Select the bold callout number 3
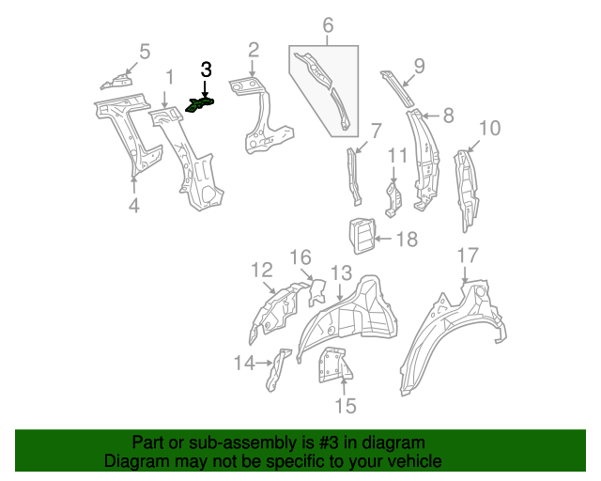click(x=207, y=70)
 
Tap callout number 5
click(x=145, y=52)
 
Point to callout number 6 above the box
click(x=328, y=27)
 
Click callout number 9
click(x=419, y=65)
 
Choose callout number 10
click(x=489, y=129)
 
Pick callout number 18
click(x=406, y=240)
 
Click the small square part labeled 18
click(x=362, y=235)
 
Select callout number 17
click(x=468, y=255)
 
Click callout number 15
click(x=346, y=406)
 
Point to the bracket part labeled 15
click(x=333, y=364)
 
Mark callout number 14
click(x=244, y=362)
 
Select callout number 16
click(x=300, y=257)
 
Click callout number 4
click(x=134, y=205)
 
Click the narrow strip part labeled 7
click(x=355, y=176)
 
